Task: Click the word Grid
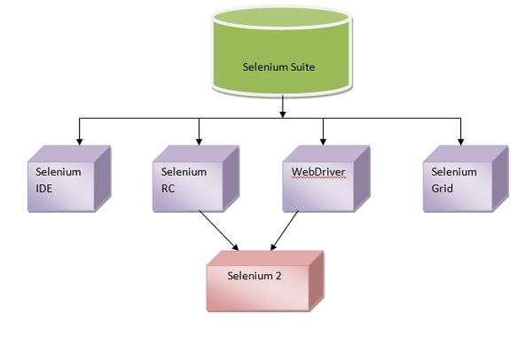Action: [442, 188]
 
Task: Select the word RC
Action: [168, 188]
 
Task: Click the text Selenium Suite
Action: [279, 67]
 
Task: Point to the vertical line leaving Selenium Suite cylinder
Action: [282, 105]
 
